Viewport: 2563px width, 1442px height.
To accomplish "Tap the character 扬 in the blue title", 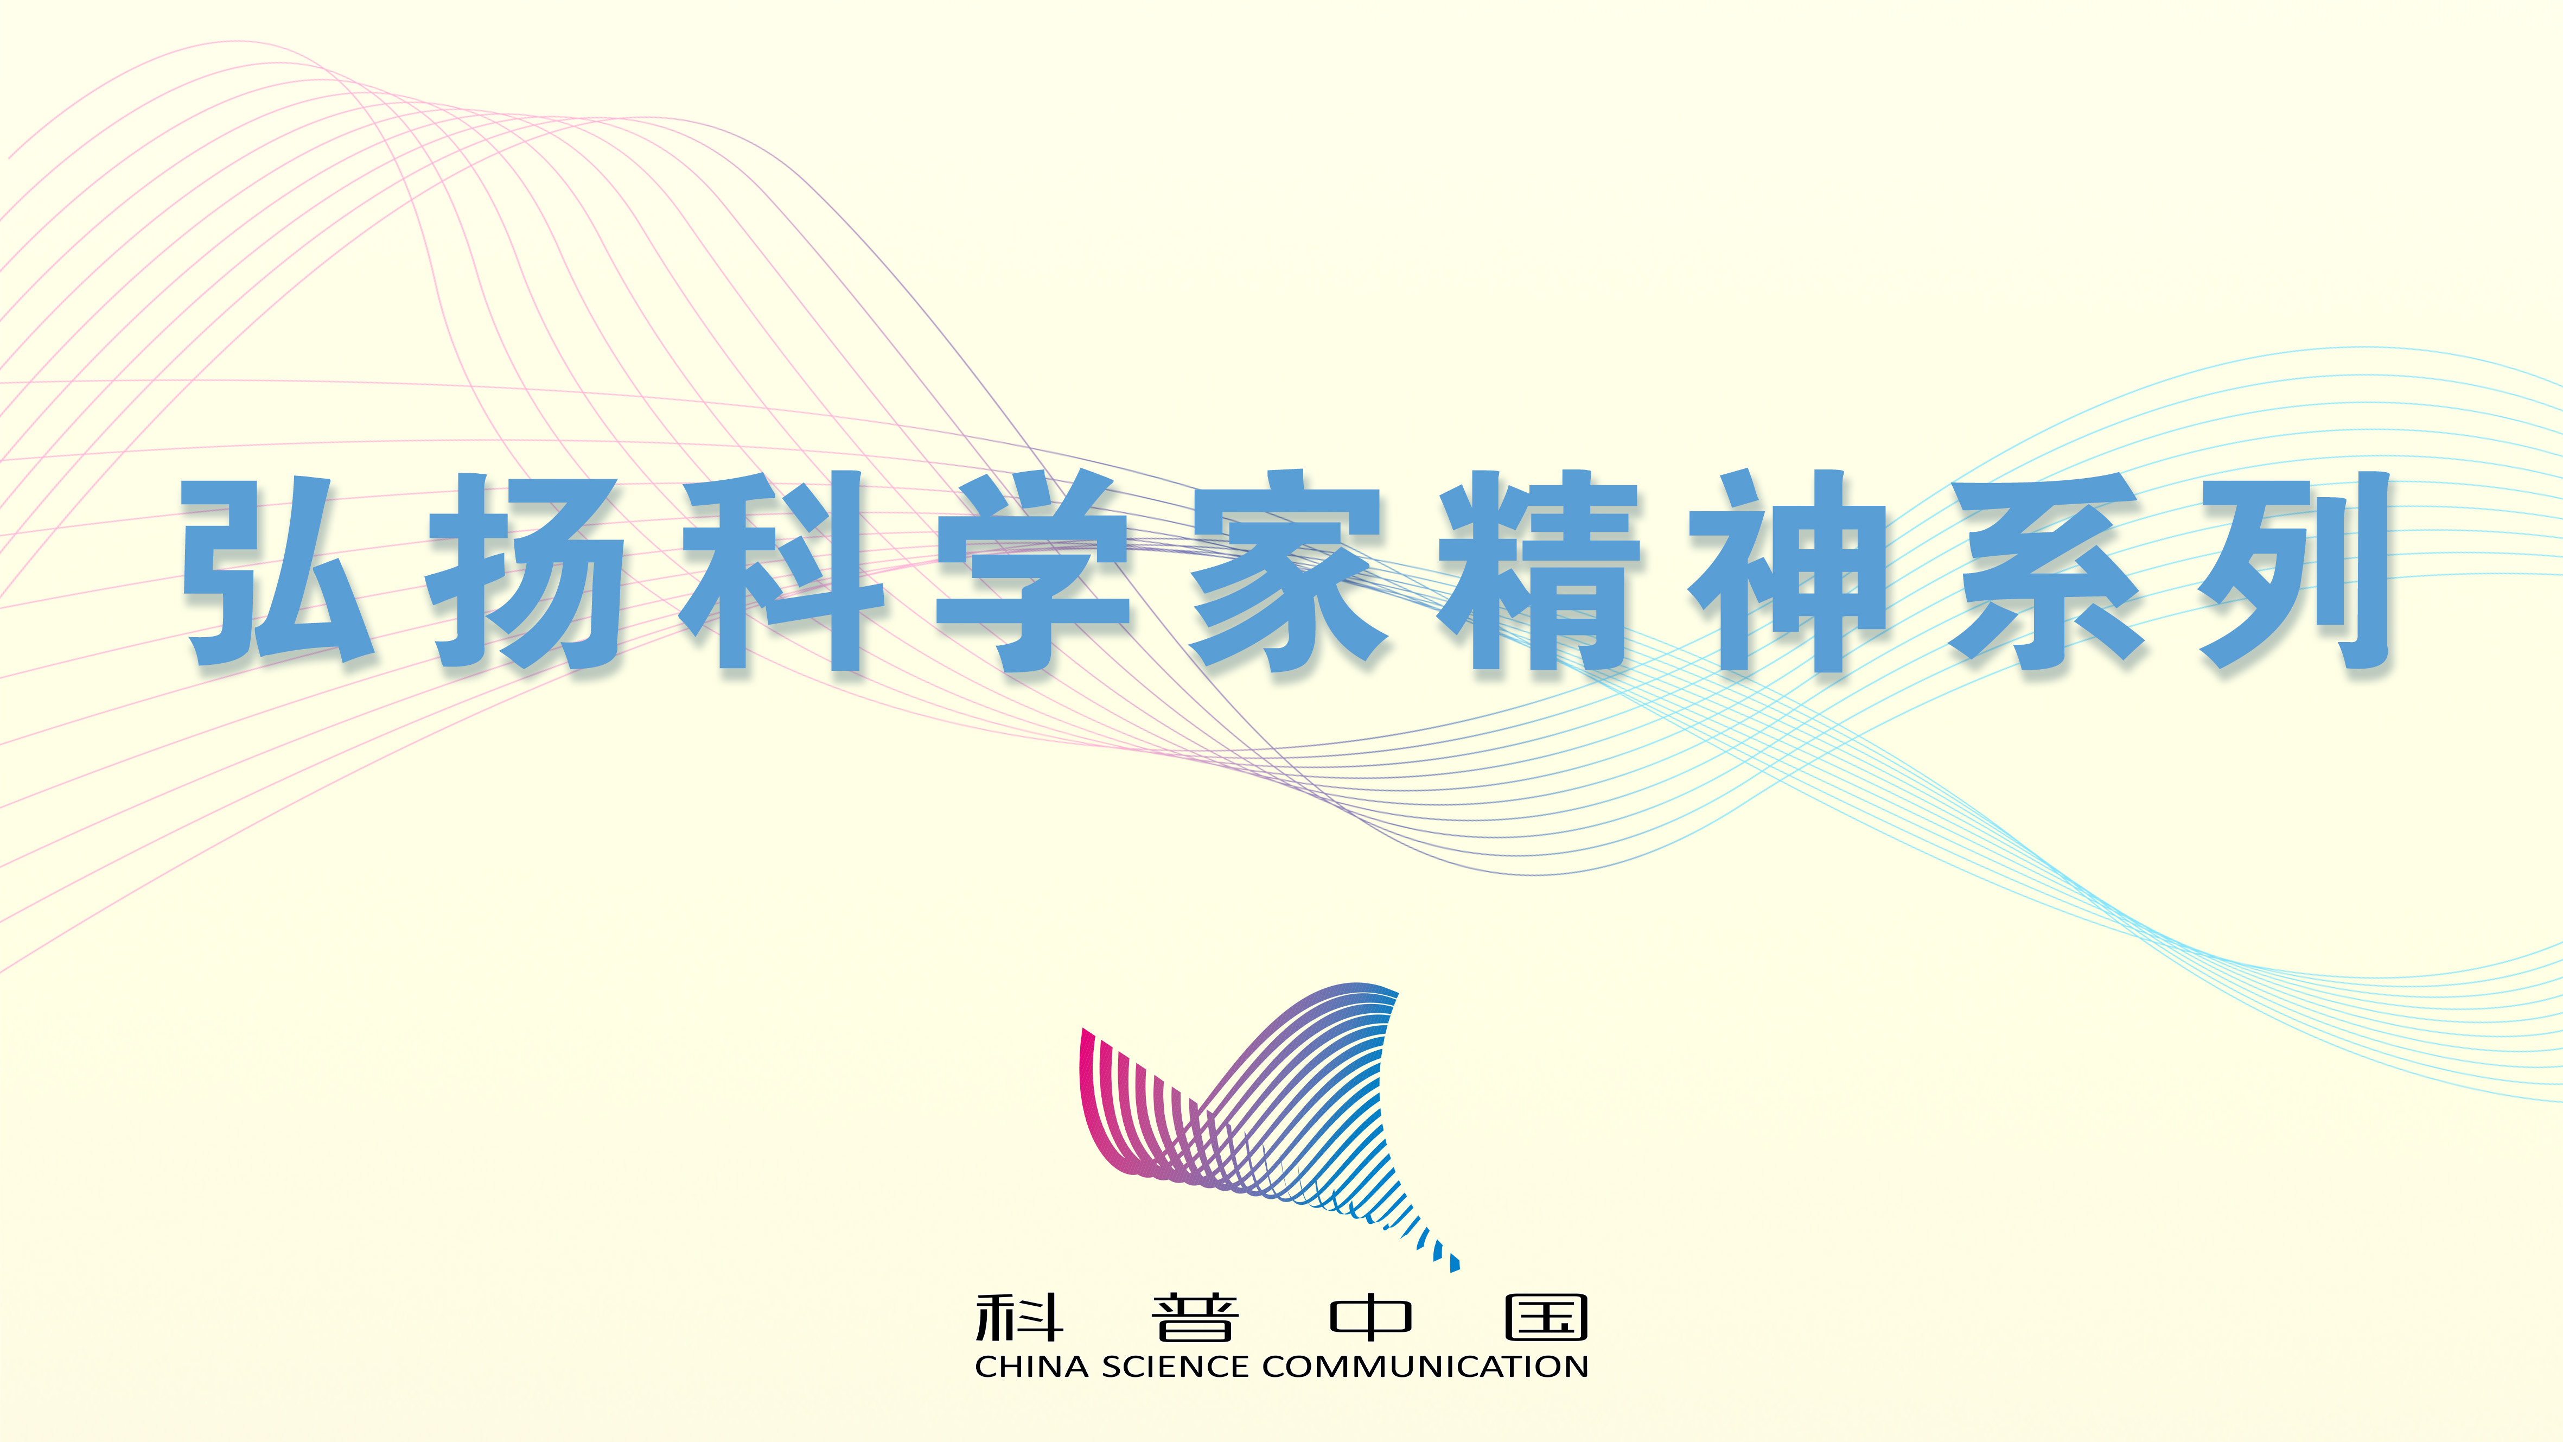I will (x=527, y=571).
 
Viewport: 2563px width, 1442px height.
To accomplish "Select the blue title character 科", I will (x=782, y=571).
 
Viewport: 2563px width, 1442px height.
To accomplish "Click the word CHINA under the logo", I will (x=1032, y=1367).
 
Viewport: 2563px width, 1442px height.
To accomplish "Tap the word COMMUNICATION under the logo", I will (x=1425, y=1367).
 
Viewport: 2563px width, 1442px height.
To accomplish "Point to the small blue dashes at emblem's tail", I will (x=1438, y=1249).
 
